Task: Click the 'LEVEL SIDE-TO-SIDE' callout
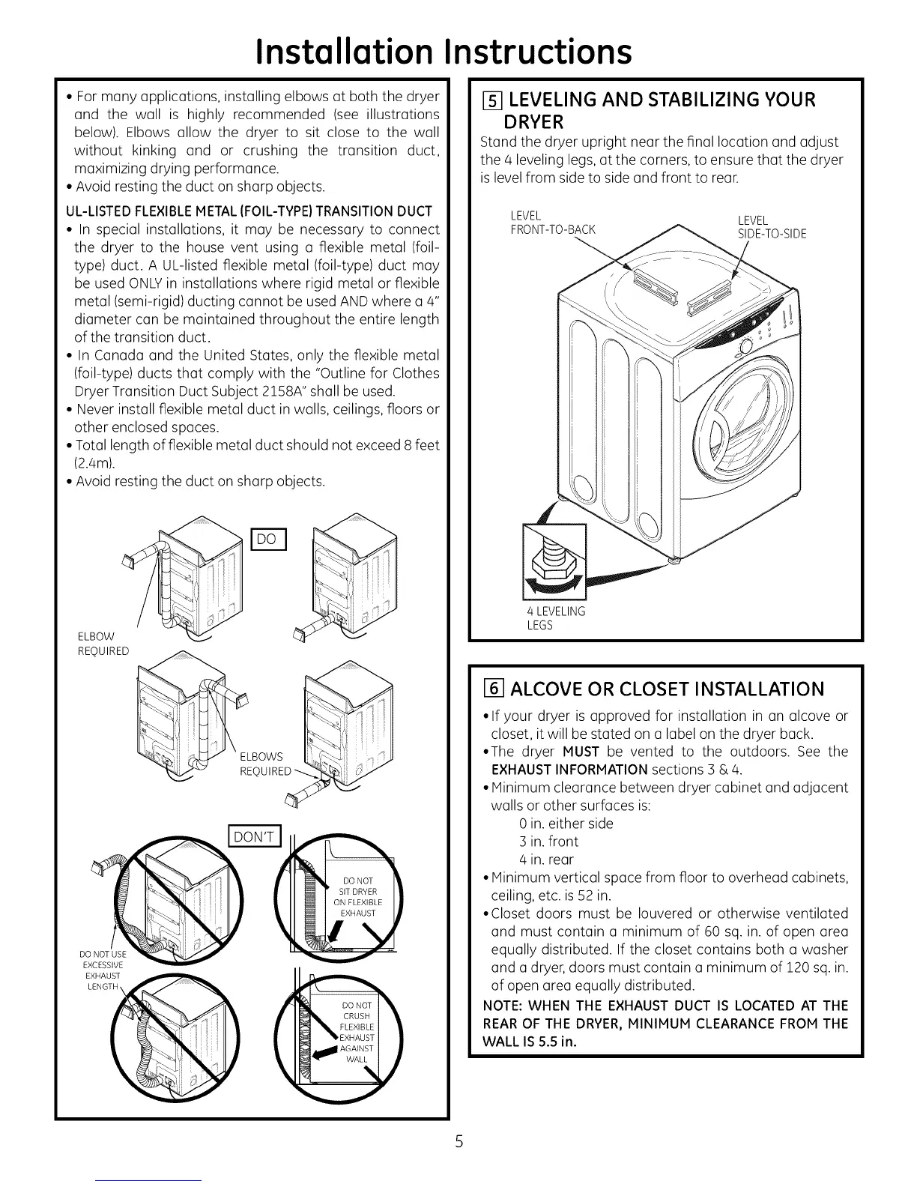point(772,226)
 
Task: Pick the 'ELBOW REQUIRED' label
point(103,644)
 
